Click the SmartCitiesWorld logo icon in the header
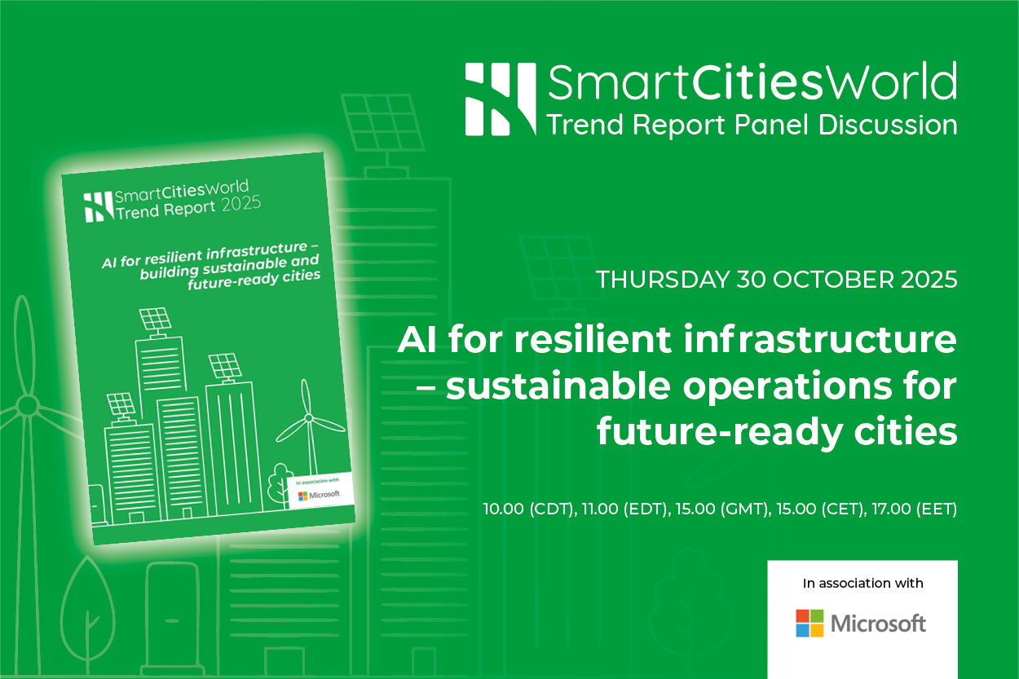501,99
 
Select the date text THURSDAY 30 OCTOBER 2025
776,280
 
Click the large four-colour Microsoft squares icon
809,624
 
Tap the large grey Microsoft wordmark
878,624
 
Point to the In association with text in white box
862,584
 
